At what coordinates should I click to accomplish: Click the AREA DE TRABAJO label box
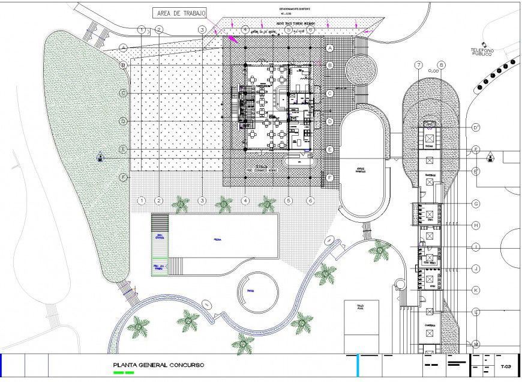point(180,13)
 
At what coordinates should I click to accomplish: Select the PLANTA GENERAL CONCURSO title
point(158,365)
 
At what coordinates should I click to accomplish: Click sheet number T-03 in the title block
point(506,366)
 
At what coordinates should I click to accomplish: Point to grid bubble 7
point(419,65)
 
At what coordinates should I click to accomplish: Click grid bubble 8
point(442,65)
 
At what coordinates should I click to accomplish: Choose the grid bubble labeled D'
point(475,127)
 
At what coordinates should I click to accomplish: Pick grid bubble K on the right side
point(475,290)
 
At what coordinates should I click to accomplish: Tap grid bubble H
point(475,225)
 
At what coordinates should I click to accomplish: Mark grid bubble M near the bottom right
point(475,344)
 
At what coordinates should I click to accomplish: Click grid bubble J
point(475,268)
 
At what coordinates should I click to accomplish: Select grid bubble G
point(475,204)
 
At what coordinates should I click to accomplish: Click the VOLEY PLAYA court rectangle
point(361,327)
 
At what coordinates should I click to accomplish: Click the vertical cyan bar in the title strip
point(358,365)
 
